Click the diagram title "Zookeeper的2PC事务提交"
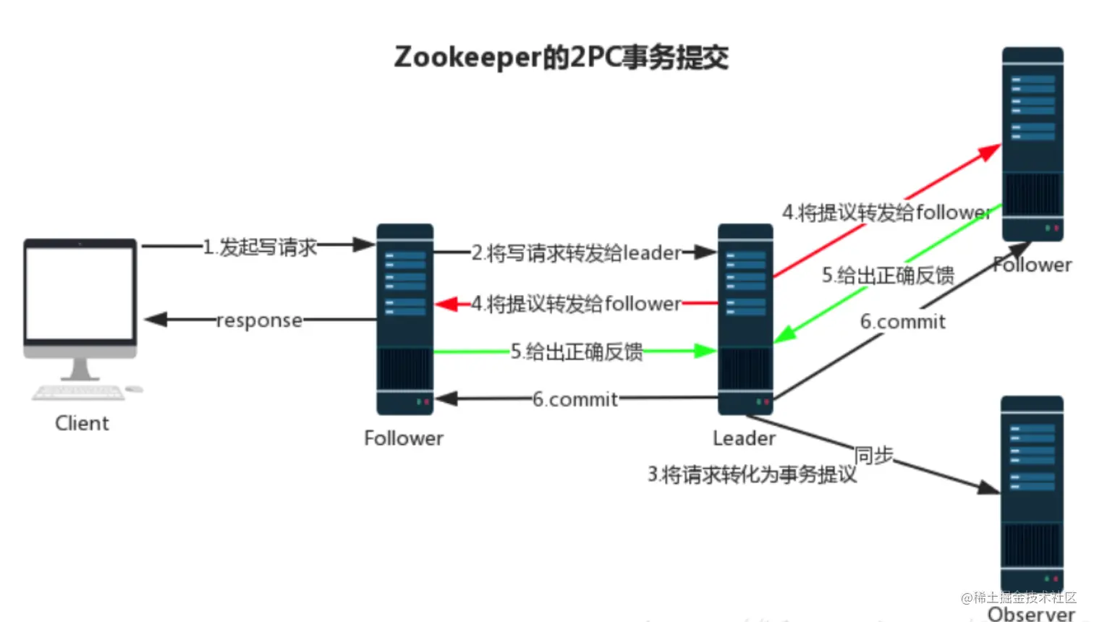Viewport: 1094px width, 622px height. [x=561, y=58]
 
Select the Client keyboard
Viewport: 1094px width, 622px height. [x=78, y=392]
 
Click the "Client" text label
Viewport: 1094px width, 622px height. [x=82, y=423]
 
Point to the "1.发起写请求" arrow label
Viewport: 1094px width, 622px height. [x=260, y=247]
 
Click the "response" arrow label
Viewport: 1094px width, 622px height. [x=259, y=320]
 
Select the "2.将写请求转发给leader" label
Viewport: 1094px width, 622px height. [x=576, y=253]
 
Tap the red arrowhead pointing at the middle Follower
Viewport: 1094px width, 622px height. [x=446, y=304]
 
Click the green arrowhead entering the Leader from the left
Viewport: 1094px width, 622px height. [x=705, y=351]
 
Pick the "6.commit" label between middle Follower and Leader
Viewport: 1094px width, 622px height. [x=575, y=399]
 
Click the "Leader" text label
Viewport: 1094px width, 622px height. [x=745, y=438]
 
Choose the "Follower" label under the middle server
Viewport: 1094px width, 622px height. [x=404, y=438]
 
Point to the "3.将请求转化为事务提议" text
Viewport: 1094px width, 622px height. [x=752, y=474]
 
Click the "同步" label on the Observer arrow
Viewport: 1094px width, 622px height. [x=873, y=456]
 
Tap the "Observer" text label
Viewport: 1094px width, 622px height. [x=1032, y=613]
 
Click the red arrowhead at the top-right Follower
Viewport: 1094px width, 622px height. [x=990, y=152]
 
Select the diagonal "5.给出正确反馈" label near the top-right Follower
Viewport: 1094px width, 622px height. [x=888, y=276]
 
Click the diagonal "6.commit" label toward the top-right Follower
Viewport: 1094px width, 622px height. [x=902, y=322]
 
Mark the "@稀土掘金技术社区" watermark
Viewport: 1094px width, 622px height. [x=1018, y=597]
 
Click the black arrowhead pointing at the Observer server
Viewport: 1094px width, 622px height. [x=988, y=487]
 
